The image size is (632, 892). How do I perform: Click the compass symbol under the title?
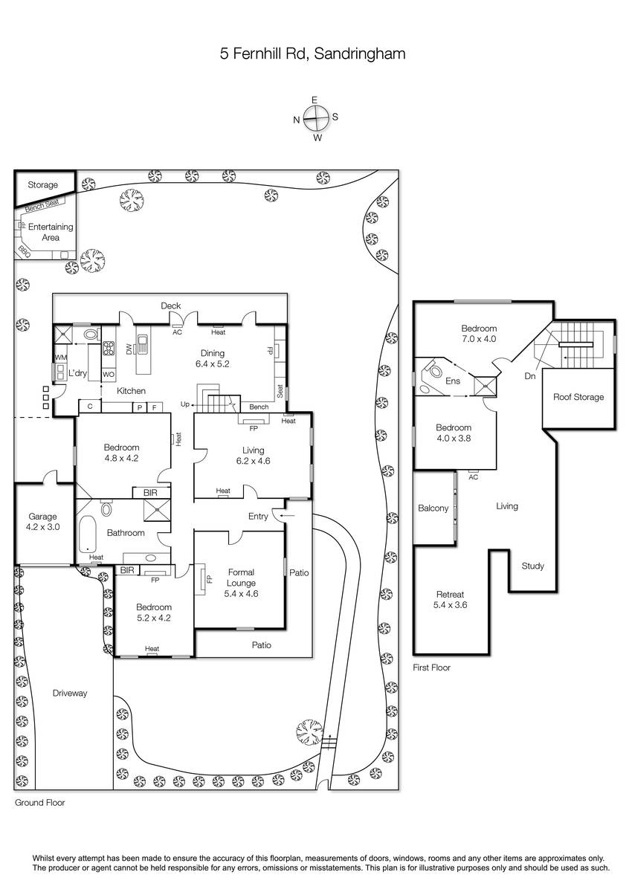pyautogui.click(x=316, y=117)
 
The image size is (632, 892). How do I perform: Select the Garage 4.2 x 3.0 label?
pyautogui.click(x=42, y=522)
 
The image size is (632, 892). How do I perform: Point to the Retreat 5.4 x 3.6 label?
pyautogui.click(x=451, y=599)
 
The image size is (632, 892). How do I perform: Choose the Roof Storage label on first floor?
pyautogui.click(x=578, y=397)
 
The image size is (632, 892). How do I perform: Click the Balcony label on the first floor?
pyautogui.click(x=433, y=508)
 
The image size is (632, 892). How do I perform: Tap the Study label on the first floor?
pyautogui.click(x=532, y=566)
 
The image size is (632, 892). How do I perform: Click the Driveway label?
pyautogui.click(x=70, y=694)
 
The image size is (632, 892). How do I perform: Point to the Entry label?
pyautogui.click(x=258, y=516)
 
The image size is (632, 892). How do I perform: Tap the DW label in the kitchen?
pyautogui.click(x=129, y=348)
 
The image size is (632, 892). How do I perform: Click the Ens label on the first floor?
pyautogui.click(x=453, y=381)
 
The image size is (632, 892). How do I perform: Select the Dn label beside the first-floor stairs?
pyautogui.click(x=529, y=377)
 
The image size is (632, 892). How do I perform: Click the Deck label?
pyautogui.click(x=171, y=306)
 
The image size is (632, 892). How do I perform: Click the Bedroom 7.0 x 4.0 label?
pyautogui.click(x=478, y=334)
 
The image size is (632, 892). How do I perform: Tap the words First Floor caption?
pyautogui.click(x=431, y=668)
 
